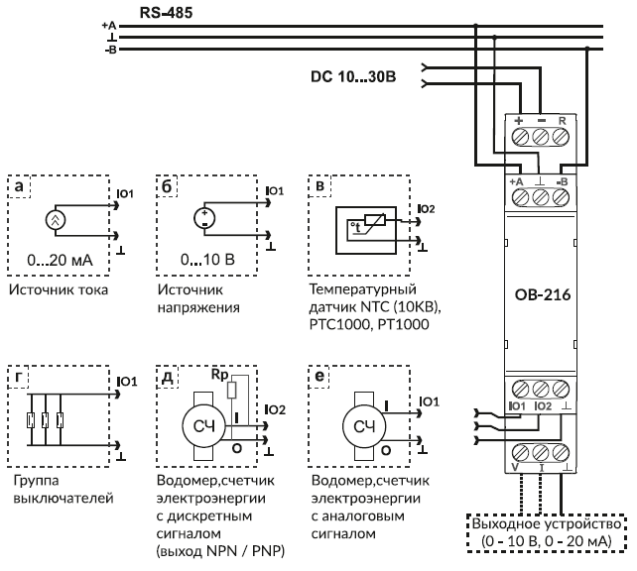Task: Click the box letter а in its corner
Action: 20,185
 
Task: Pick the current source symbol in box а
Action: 57,220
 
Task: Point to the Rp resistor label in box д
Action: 218,377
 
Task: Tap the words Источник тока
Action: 58,290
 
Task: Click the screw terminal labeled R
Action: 563,139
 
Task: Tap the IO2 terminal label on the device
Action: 541,406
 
